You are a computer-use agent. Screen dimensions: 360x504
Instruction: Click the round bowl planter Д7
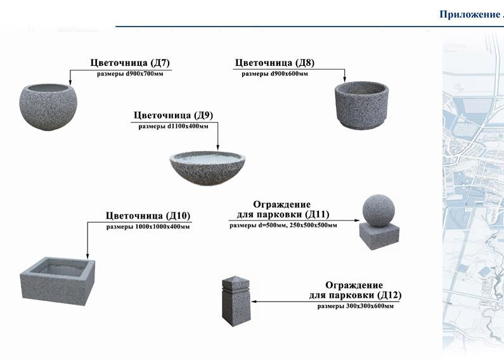coord(48,106)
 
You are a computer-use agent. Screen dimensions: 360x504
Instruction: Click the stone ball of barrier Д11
coord(378,210)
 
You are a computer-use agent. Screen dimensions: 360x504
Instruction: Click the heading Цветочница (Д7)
coord(131,63)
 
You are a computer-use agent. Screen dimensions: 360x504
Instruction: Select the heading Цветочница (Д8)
coord(274,63)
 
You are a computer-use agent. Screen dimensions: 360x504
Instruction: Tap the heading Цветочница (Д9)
coord(172,115)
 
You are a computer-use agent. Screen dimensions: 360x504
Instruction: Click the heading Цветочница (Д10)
coord(147,215)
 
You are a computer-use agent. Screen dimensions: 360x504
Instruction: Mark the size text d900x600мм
coord(288,74)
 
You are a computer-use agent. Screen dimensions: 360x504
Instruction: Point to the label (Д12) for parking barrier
coord(388,295)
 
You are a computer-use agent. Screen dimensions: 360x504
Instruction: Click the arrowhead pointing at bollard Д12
coord(254,301)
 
